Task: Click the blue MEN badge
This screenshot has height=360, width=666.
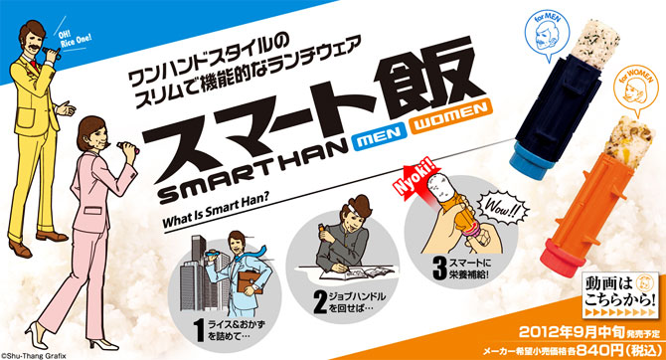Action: [x=378, y=139]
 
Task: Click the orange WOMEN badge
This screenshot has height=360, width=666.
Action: [x=450, y=117]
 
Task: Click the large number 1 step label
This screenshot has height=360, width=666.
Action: [x=200, y=330]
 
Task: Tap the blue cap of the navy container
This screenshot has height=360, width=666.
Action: [x=532, y=154]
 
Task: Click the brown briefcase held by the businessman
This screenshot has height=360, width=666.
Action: [x=250, y=281]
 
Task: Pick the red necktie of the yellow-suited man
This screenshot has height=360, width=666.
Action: [x=33, y=65]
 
